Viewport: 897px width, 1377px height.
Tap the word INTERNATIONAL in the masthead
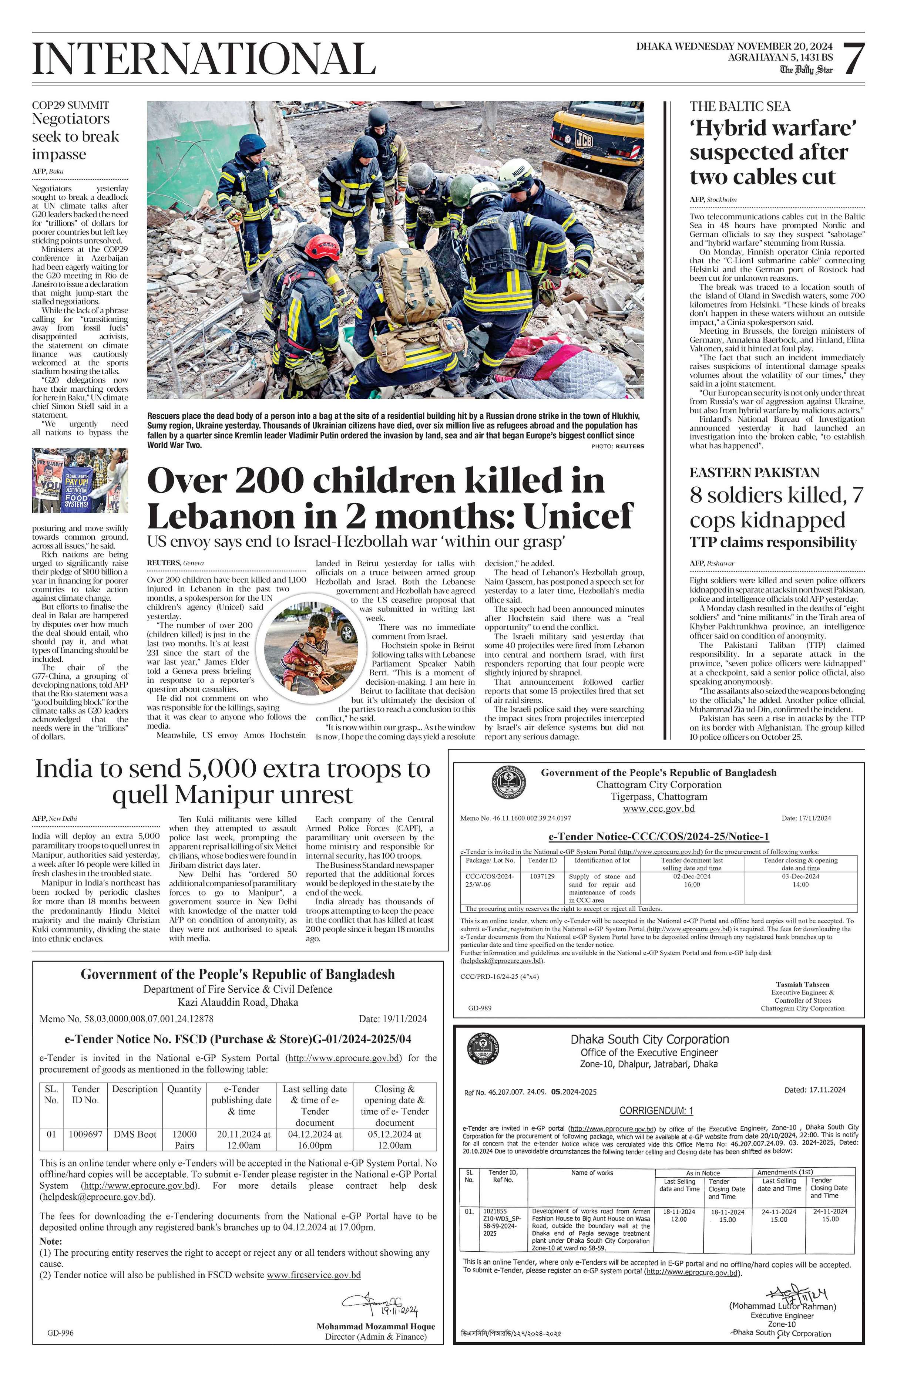[204, 59]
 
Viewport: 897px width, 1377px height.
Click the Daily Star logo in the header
[806, 70]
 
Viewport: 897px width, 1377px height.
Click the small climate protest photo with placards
[80, 481]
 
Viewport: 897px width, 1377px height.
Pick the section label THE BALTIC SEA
[740, 107]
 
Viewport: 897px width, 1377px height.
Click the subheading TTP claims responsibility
[773, 543]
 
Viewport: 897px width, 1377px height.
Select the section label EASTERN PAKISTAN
[754, 473]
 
